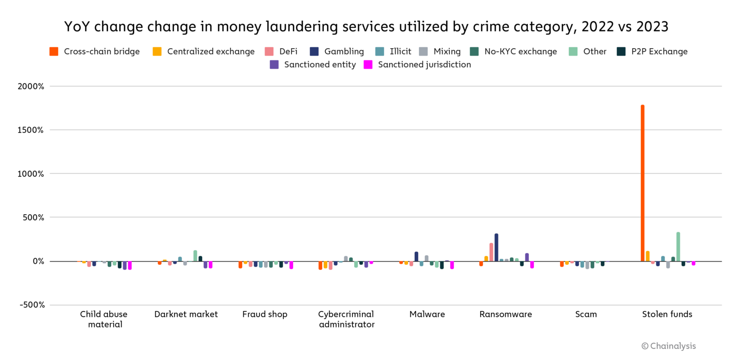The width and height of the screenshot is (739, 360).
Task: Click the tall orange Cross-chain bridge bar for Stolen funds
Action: (x=642, y=183)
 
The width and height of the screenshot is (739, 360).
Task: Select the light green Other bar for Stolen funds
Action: (x=678, y=247)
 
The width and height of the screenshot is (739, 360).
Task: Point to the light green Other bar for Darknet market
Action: (x=195, y=256)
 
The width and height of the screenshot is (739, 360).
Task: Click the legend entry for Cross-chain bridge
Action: (x=95, y=51)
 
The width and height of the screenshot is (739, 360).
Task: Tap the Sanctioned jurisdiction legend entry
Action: (x=417, y=64)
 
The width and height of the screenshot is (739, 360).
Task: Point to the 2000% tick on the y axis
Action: (x=31, y=87)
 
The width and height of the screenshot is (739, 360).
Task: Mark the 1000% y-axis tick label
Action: (x=31, y=174)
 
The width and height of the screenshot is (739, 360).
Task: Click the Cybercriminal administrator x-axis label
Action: (x=346, y=319)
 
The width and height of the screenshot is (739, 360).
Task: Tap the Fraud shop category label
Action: (x=265, y=314)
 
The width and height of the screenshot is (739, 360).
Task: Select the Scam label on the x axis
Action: (x=586, y=314)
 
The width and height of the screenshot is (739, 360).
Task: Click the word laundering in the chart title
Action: (x=293, y=27)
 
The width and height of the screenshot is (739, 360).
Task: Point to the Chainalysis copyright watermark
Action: (x=669, y=346)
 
